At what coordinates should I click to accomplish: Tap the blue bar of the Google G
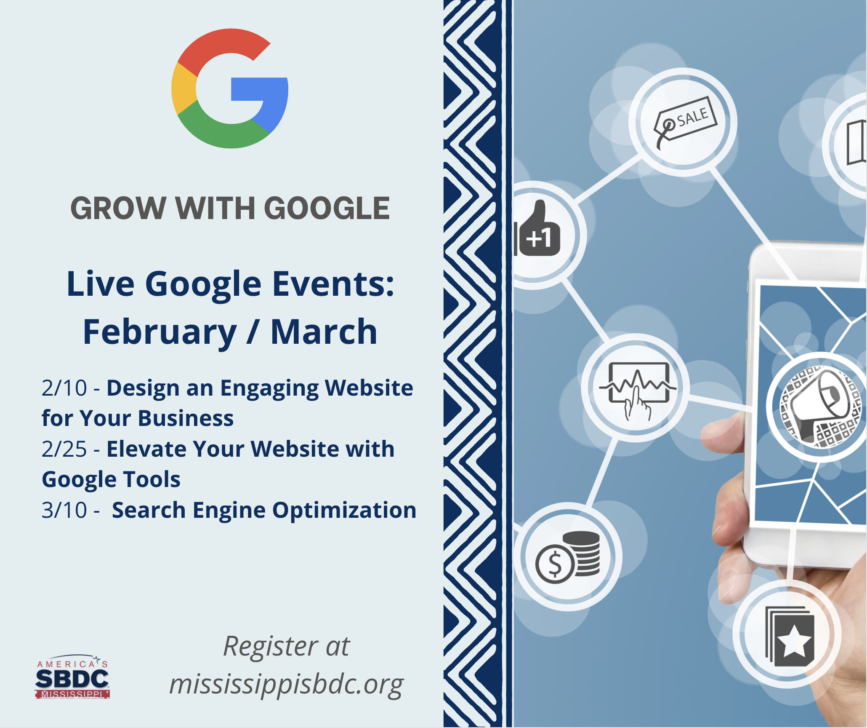coord(259,89)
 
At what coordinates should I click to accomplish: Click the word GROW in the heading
coord(118,208)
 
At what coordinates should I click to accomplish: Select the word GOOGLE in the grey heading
coord(327,208)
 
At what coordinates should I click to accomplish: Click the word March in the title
coord(324,332)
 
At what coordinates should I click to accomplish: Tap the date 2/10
coord(64,388)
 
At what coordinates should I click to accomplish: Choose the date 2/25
coord(64,449)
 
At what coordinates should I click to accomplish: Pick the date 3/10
coord(64,510)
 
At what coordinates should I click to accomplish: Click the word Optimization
coord(344,511)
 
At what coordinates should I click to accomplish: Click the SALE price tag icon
coord(684,123)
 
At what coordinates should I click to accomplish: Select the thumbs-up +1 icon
coord(539,229)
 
